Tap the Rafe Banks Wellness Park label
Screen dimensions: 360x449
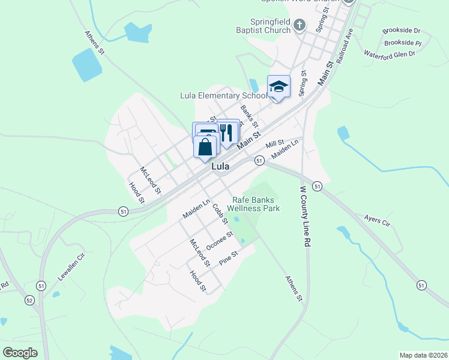point(253,204)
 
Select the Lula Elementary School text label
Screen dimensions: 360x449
point(224,95)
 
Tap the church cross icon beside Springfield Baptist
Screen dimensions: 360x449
point(301,25)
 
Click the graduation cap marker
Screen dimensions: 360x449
point(279,86)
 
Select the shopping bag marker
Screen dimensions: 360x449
point(205,146)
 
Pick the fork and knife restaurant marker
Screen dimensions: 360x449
point(228,133)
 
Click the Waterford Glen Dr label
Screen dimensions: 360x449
point(390,54)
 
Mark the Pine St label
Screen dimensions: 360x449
point(229,259)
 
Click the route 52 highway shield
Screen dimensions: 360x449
point(29,300)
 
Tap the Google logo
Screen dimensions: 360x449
point(20,353)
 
